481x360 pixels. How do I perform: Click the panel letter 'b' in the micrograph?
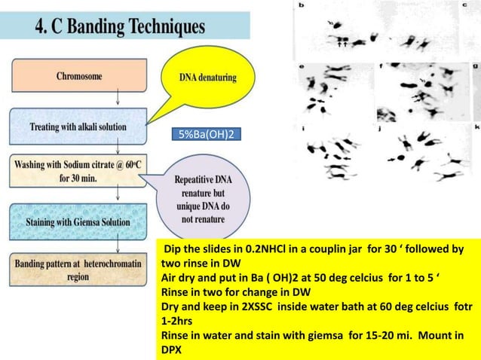(302, 6)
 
